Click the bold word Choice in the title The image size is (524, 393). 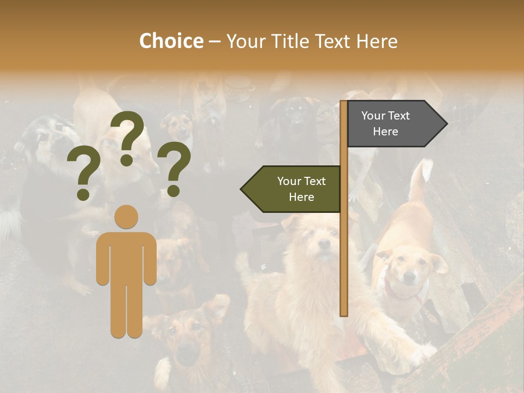point(171,41)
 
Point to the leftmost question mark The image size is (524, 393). point(83,174)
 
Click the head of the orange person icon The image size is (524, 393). point(127,217)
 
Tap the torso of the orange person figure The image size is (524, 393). point(127,257)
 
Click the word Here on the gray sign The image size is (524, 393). point(385,132)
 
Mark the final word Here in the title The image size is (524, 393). point(377,41)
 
